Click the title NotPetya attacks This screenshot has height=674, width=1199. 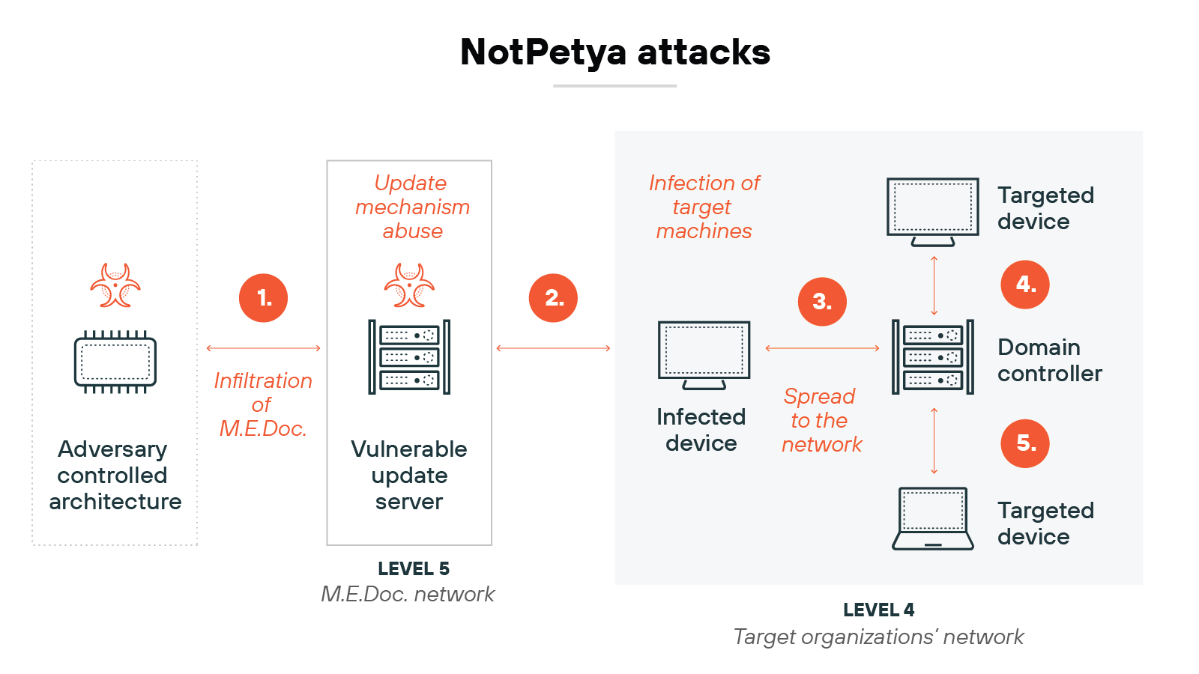[x=614, y=52]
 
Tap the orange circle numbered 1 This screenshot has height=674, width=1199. [x=263, y=298]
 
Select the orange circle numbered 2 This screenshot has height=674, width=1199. [x=553, y=298]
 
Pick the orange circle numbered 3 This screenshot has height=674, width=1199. [x=822, y=302]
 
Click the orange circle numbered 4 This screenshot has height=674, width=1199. [x=1025, y=285]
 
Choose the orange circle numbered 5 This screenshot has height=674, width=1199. [x=1025, y=443]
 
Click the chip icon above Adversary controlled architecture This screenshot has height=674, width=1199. [x=115, y=362]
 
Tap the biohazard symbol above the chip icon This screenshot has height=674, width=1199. [x=115, y=285]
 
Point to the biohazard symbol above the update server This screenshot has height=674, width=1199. [x=409, y=285]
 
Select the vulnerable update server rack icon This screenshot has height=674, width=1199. [x=409, y=357]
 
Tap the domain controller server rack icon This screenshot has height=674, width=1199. [x=933, y=357]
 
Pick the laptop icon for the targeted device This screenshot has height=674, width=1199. [x=933, y=518]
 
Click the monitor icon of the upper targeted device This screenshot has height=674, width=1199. [x=933, y=210]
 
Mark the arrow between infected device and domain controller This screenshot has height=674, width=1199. [x=822, y=348]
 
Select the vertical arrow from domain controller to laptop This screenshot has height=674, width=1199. [x=934, y=441]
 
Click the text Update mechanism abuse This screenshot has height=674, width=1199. [x=412, y=207]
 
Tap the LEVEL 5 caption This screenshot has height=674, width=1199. [x=414, y=569]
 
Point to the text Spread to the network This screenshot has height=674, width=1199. [x=821, y=420]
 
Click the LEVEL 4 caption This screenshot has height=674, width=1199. [x=878, y=610]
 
